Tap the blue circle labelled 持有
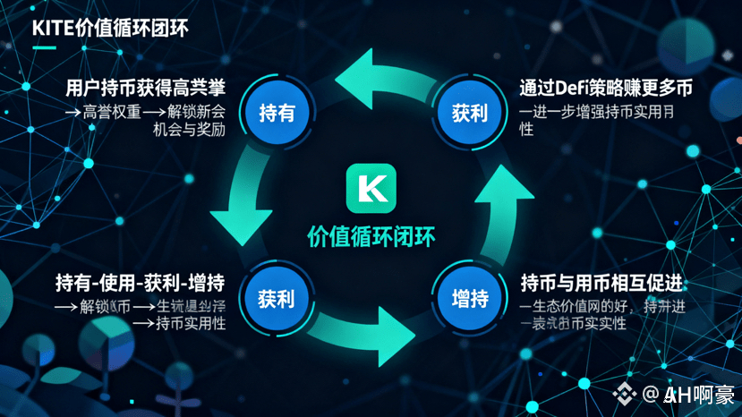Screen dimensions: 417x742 (x=277, y=113)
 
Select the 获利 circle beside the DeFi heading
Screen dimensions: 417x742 (x=468, y=113)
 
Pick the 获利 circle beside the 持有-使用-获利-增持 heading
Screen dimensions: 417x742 (x=277, y=297)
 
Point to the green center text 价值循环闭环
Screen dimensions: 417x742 (x=371, y=235)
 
